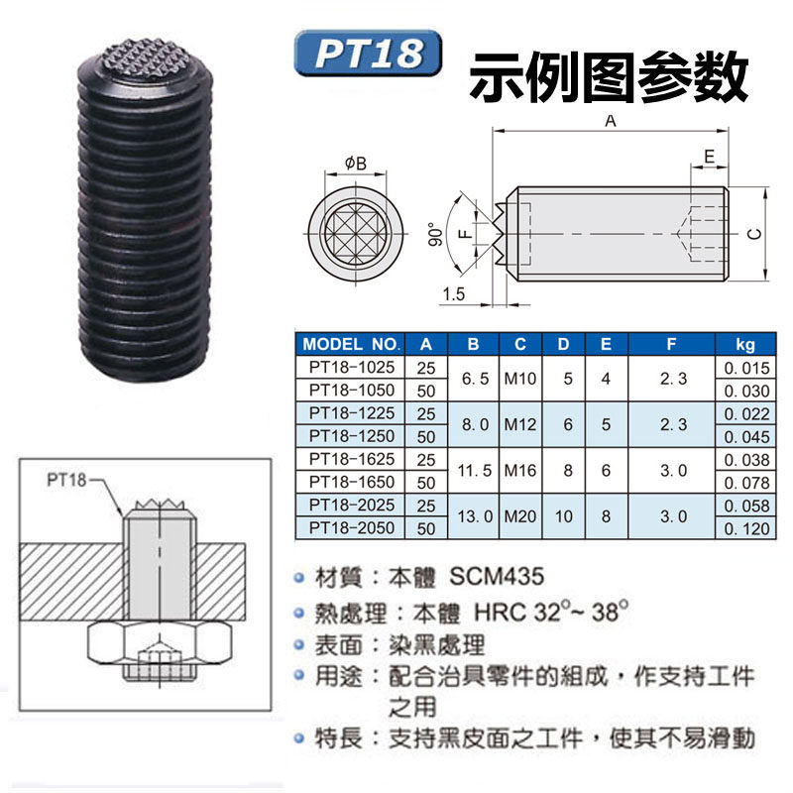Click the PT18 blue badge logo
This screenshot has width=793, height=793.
click(367, 54)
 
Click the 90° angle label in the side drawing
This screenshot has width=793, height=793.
click(434, 233)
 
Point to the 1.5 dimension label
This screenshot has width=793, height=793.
click(455, 294)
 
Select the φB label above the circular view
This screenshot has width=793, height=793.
click(356, 163)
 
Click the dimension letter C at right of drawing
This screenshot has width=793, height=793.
click(753, 234)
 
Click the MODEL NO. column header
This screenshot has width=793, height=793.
click(350, 345)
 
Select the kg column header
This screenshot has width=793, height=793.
click(744, 345)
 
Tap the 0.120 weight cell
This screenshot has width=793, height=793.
click(746, 528)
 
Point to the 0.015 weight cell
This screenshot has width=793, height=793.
click(746, 368)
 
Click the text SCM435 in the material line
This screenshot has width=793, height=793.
click(497, 576)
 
